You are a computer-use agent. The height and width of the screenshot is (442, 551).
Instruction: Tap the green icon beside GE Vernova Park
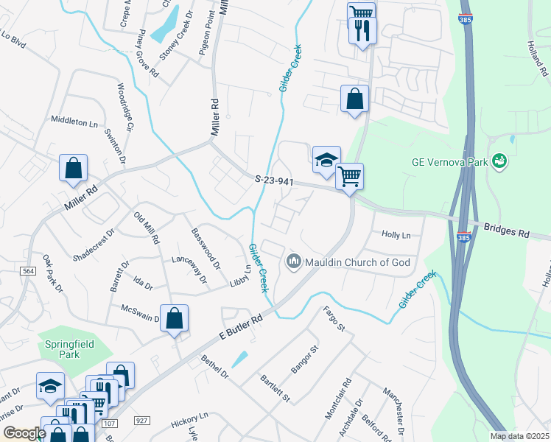pyautogui.click(x=500, y=160)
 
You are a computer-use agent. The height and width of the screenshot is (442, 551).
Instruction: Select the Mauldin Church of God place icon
pyautogui.click(x=293, y=262)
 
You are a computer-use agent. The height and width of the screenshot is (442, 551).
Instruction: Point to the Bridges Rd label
pyautogui.click(x=508, y=230)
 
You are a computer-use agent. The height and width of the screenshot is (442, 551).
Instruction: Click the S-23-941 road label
pyautogui.click(x=274, y=179)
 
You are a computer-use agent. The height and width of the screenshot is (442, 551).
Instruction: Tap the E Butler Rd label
pyautogui.click(x=241, y=330)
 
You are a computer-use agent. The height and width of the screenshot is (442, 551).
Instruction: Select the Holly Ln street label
pyautogui.click(x=396, y=235)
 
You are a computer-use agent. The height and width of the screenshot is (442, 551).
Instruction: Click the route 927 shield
pyautogui.click(x=142, y=419)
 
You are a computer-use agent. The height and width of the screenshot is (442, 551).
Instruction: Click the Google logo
pyautogui.click(x=24, y=433)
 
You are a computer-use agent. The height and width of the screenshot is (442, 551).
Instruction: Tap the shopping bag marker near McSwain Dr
pyautogui.click(x=174, y=318)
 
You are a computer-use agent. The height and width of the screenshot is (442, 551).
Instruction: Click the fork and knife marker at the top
pyautogui.click(x=362, y=30)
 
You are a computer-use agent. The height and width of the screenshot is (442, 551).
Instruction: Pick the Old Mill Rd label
pyautogui.click(x=146, y=227)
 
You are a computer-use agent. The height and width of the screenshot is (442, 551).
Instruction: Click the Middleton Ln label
pyautogui.click(x=74, y=121)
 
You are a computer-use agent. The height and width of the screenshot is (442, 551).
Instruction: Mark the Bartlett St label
pyautogui.click(x=275, y=389)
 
